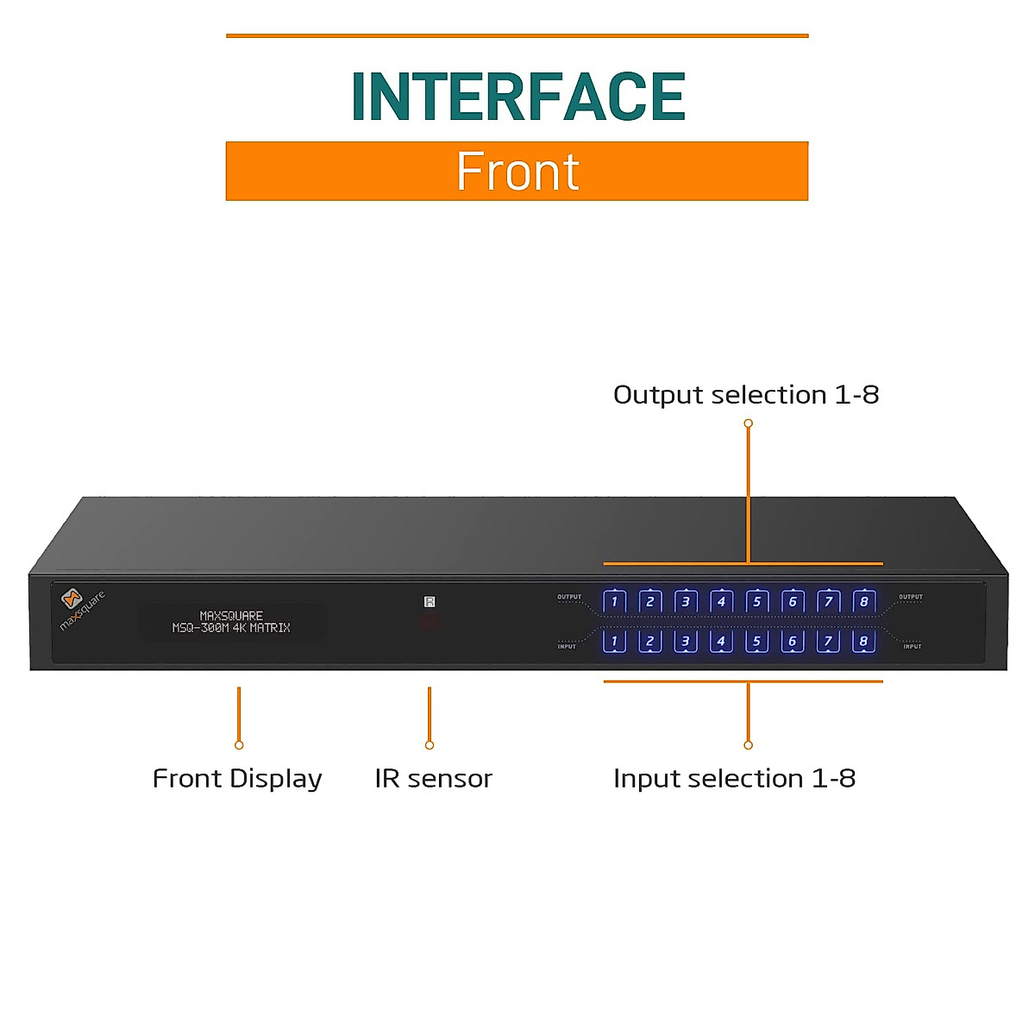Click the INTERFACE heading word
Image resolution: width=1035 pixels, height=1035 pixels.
click(x=517, y=97)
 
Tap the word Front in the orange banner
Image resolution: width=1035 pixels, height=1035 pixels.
click(x=517, y=172)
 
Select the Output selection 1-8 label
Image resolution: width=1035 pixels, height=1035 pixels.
click(x=746, y=395)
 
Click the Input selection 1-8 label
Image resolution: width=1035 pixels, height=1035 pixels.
click(x=734, y=779)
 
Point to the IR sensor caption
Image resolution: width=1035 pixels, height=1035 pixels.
click(x=433, y=779)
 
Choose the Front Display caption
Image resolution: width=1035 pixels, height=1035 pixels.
click(x=237, y=779)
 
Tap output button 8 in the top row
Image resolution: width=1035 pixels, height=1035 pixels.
click(x=863, y=601)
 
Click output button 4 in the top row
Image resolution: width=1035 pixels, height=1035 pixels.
click(x=721, y=601)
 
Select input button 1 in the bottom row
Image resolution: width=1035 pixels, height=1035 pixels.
click(x=614, y=641)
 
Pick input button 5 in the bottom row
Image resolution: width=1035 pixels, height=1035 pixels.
click(x=756, y=641)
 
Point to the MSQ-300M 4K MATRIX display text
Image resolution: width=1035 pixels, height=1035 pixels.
click(x=231, y=628)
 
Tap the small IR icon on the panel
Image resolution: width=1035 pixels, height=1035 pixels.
click(x=430, y=602)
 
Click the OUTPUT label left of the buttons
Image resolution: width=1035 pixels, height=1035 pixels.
click(x=569, y=597)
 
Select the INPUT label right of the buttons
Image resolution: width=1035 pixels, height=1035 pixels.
click(x=912, y=646)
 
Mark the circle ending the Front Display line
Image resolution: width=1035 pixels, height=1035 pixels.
click(x=239, y=745)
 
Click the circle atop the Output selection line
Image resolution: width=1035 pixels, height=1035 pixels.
click(x=748, y=423)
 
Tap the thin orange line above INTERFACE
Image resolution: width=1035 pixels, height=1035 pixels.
click(x=517, y=36)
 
